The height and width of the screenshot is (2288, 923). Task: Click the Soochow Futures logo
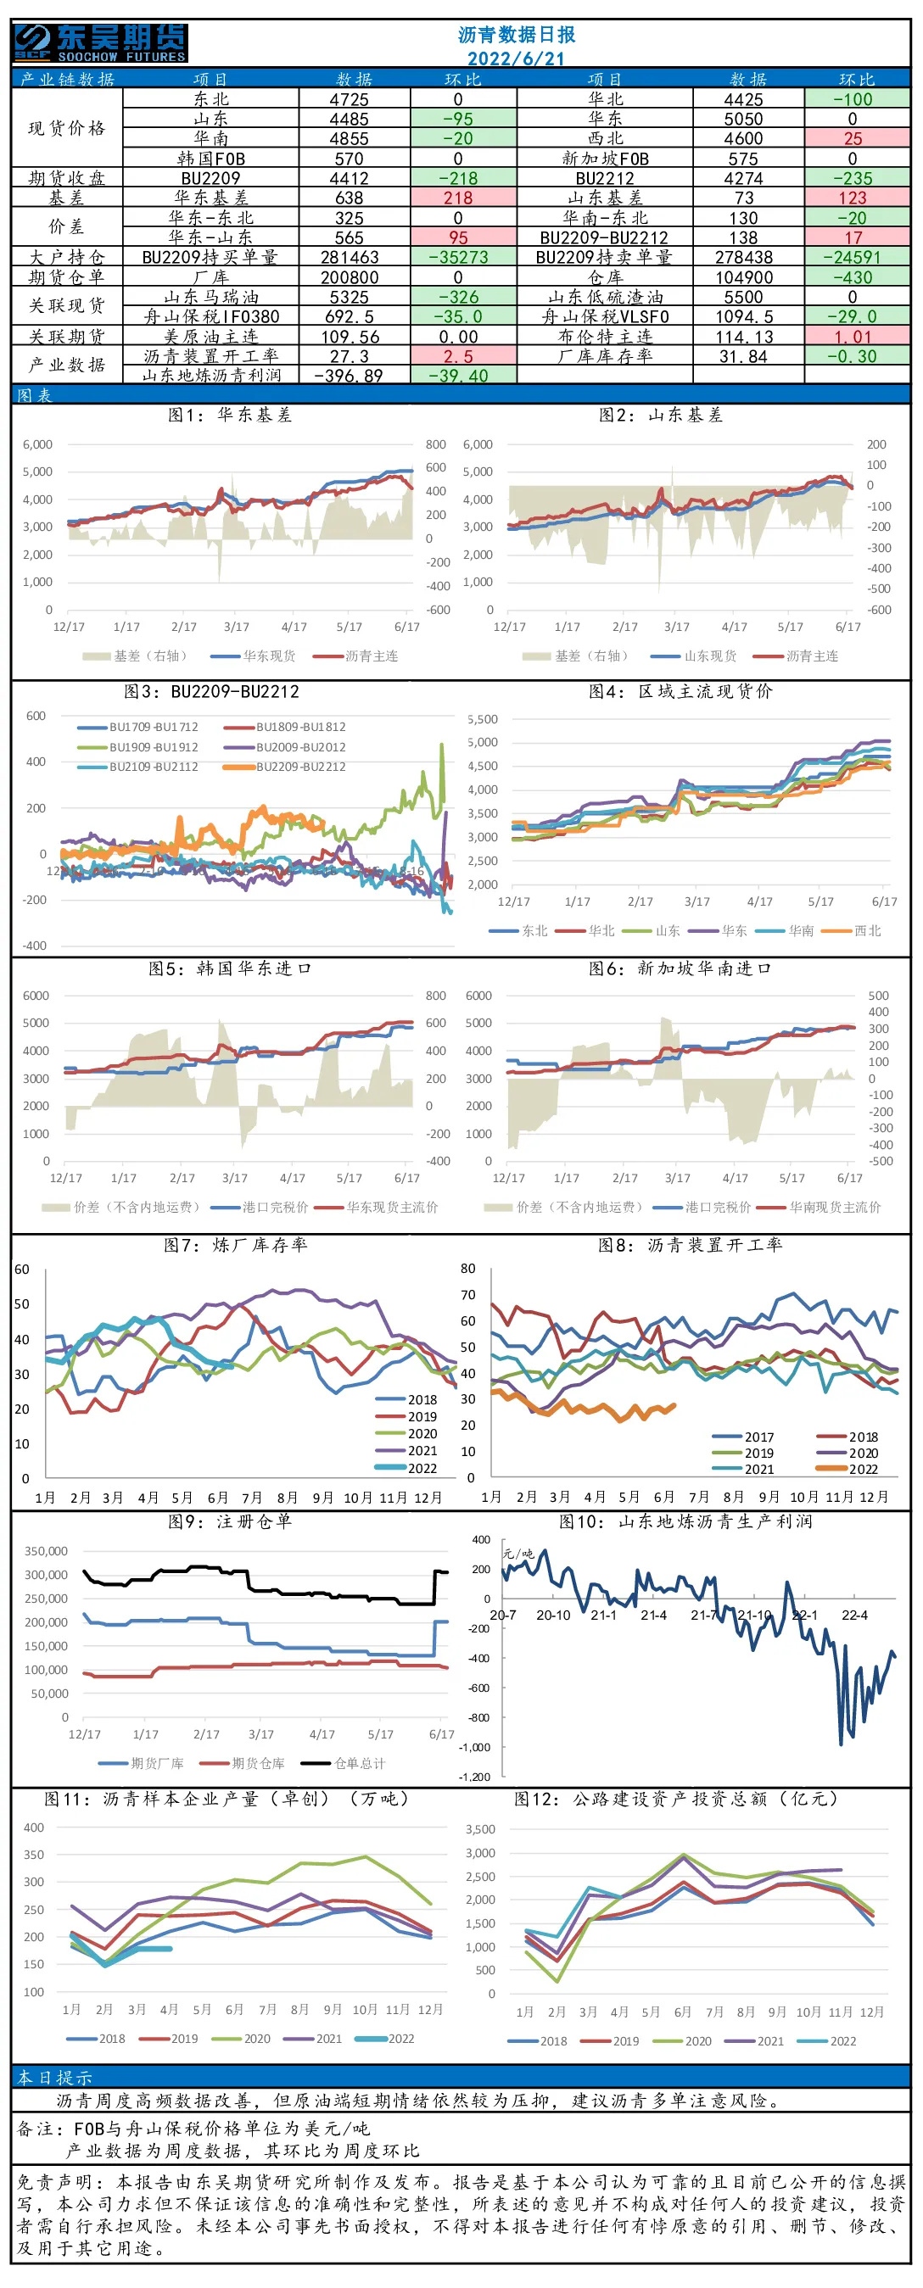tap(100, 42)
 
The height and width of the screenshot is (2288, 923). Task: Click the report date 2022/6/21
tap(516, 59)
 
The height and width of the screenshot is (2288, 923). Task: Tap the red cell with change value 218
tap(458, 198)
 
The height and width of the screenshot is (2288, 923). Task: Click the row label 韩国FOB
tap(210, 159)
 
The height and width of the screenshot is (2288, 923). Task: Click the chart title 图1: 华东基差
tap(230, 415)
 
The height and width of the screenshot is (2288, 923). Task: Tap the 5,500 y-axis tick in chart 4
tap(483, 719)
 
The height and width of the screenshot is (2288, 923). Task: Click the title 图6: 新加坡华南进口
tap(680, 968)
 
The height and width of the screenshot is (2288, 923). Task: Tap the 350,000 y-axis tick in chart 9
tap(46, 1551)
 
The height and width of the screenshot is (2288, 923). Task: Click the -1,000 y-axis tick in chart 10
tap(474, 1747)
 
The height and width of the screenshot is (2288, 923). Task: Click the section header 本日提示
tap(55, 2078)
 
